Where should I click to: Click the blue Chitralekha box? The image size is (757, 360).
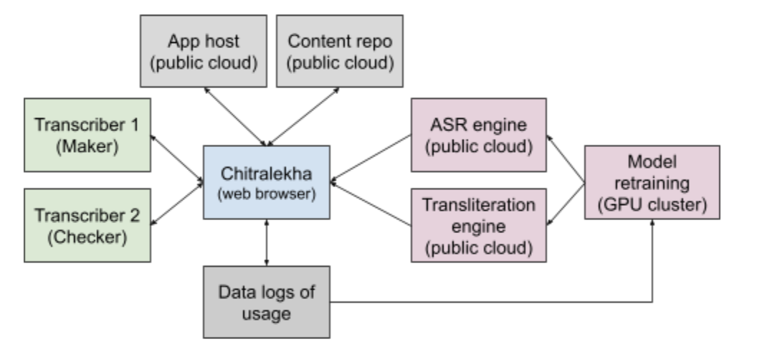[x=266, y=182]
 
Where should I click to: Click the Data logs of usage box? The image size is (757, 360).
[x=266, y=301]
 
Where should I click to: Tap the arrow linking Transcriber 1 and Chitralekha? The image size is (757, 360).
[x=178, y=153]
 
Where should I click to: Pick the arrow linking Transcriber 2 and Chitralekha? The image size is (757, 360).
[x=178, y=207]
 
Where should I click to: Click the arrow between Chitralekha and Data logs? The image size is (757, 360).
[x=267, y=244]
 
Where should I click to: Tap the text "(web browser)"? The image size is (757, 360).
[x=267, y=194]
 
